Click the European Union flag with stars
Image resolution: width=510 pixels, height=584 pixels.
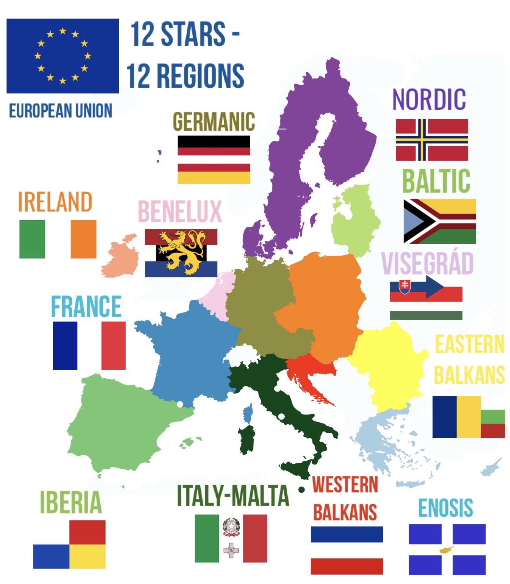tap(62, 56)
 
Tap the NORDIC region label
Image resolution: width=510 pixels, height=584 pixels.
tap(429, 99)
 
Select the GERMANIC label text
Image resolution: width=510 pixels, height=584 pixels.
tap(214, 122)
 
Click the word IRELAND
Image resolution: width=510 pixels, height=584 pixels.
tap(55, 202)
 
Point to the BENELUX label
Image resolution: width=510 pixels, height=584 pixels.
tap(180, 212)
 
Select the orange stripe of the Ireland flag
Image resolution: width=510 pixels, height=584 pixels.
tap(83, 239)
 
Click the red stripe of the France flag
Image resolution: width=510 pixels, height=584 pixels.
tap(113, 345)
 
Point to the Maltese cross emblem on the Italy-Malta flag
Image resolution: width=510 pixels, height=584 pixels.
tap(231, 550)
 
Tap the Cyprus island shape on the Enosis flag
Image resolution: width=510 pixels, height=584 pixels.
tap(447, 550)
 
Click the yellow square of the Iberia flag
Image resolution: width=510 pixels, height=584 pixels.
tap(87, 556)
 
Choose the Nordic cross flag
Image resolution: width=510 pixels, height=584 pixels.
tap(431, 140)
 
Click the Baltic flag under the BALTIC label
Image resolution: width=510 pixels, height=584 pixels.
tap(440, 221)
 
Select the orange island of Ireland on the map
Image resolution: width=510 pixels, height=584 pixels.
tap(120, 258)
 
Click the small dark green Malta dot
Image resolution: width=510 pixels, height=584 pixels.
tap(301, 490)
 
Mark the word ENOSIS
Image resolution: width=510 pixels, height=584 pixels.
tap(445, 508)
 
